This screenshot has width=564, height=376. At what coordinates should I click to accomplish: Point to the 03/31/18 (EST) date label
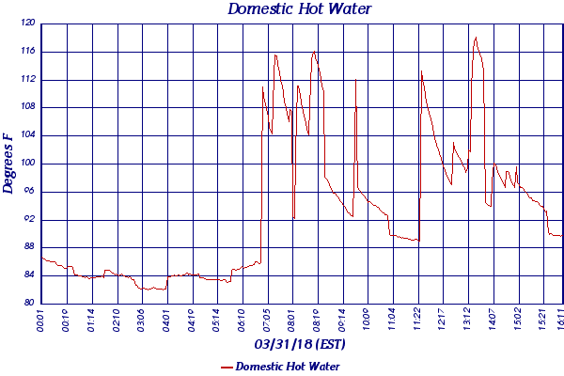pos(300,344)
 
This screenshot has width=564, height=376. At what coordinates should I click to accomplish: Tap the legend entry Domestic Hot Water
pos(287,367)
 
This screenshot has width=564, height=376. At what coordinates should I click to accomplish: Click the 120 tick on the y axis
pos(27,23)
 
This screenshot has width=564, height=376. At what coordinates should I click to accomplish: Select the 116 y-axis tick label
pos(27,52)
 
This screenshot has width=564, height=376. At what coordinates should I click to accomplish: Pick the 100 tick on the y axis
pos(27,164)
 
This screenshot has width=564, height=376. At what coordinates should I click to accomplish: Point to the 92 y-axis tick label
pos(29,219)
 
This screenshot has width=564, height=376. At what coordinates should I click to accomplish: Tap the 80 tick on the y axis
pos(29,303)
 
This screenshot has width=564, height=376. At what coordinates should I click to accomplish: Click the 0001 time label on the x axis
pos(41,320)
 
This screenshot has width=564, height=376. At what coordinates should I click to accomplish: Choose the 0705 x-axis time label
pos(266,320)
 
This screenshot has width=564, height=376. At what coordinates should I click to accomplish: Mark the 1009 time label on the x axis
pos(367,320)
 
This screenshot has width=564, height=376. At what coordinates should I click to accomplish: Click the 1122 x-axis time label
pos(417,320)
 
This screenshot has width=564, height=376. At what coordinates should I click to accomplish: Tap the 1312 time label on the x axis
pos(467,320)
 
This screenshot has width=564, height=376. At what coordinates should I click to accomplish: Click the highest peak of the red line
pos(476,38)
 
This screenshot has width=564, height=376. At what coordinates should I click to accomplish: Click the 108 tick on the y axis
pos(27,107)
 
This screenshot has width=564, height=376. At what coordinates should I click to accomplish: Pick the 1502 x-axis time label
pos(518,320)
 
